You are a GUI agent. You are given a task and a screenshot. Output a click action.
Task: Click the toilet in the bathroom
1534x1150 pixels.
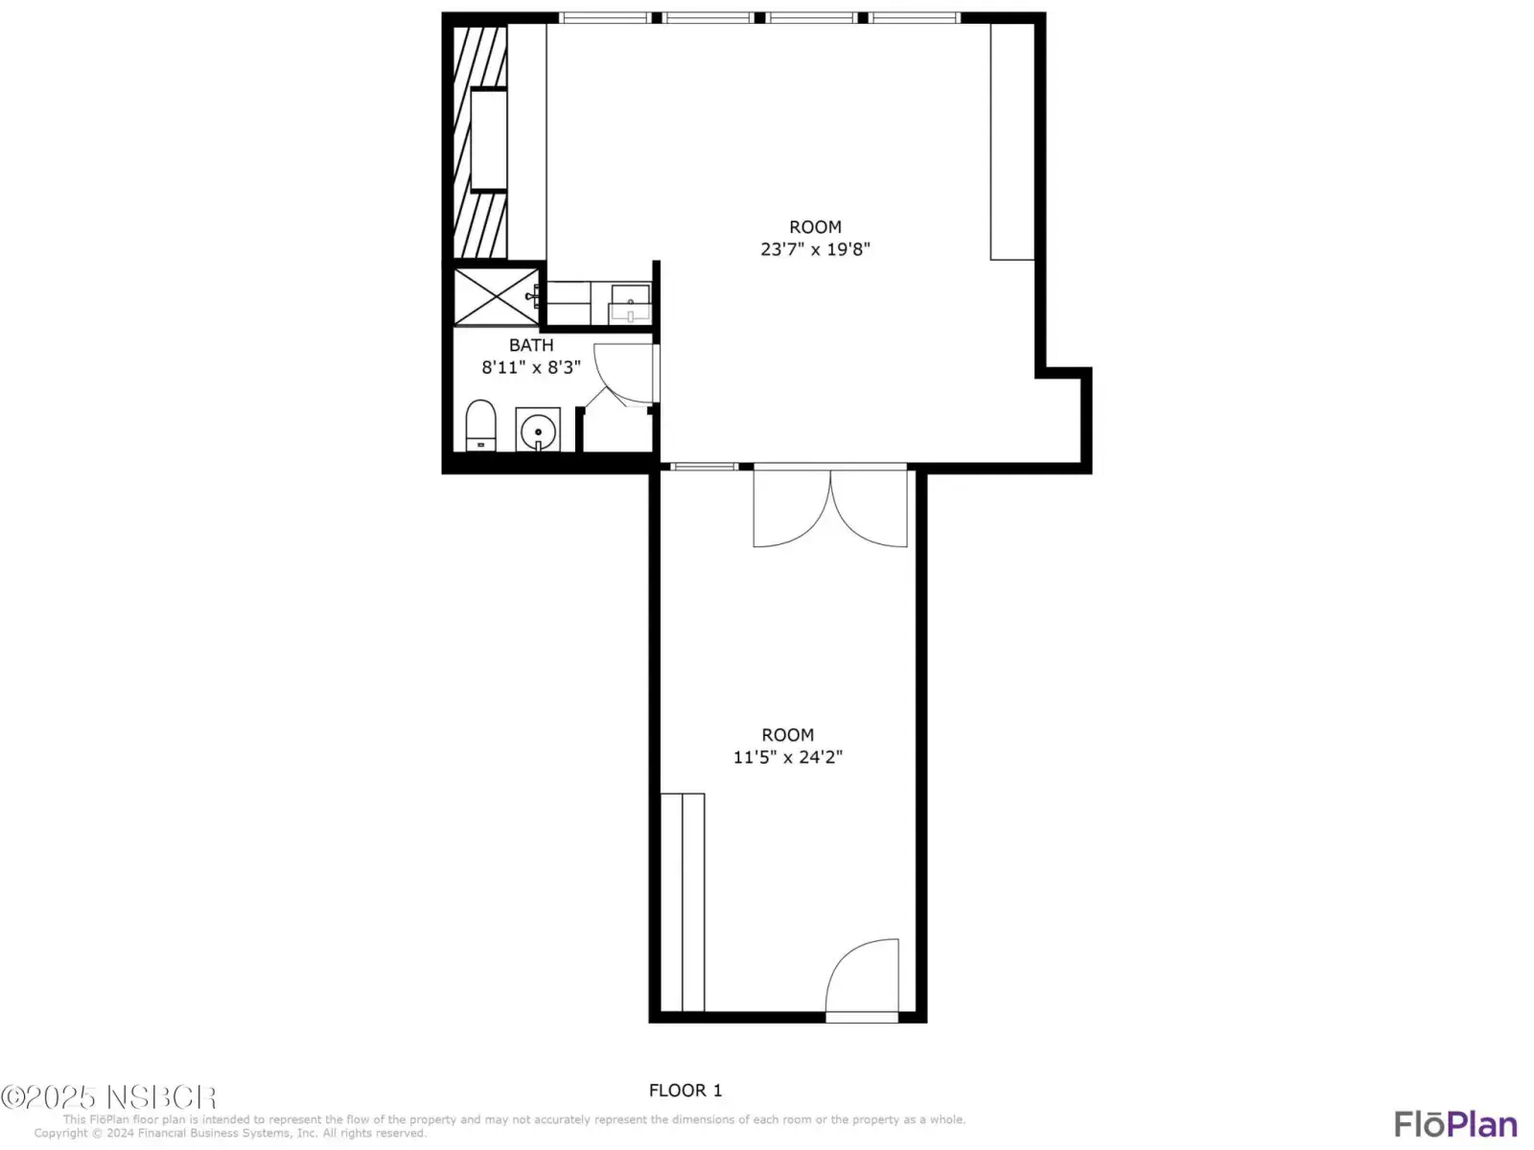click(x=480, y=425)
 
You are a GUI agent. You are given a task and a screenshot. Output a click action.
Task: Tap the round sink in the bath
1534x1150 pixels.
click(x=538, y=430)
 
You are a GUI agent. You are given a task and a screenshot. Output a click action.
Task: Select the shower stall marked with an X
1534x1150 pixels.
click(x=496, y=297)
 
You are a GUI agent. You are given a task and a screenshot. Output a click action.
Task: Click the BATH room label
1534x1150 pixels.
click(x=531, y=345)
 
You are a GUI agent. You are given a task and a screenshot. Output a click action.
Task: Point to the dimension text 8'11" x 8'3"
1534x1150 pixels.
click(x=531, y=367)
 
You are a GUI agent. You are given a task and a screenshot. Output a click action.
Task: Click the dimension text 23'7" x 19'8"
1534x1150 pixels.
click(x=815, y=249)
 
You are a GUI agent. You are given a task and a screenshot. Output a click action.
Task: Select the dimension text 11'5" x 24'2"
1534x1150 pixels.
click(x=788, y=757)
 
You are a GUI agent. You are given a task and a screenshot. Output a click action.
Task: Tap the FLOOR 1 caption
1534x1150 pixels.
click(x=685, y=1090)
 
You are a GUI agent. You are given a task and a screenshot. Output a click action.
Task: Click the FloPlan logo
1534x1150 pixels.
click(x=1455, y=1124)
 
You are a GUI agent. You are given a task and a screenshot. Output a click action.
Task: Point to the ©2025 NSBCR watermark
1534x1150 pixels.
click(x=108, y=1097)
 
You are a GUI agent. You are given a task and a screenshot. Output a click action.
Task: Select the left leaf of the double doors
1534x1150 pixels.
click(x=792, y=508)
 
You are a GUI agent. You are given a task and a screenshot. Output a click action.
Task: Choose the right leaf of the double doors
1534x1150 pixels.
click(x=869, y=508)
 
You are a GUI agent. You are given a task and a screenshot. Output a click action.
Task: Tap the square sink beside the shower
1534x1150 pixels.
click(x=630, y=304)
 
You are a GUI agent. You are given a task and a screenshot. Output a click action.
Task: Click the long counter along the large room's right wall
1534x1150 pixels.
click(x=1011, y=142)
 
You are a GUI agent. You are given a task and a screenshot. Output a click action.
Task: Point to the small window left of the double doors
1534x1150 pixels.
click(x=704, y=467)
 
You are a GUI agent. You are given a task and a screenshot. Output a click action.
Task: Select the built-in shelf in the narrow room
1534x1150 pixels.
click(x=682, y=902)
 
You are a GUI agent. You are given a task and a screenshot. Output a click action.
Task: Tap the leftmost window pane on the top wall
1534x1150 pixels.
click(x=605, y=17)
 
